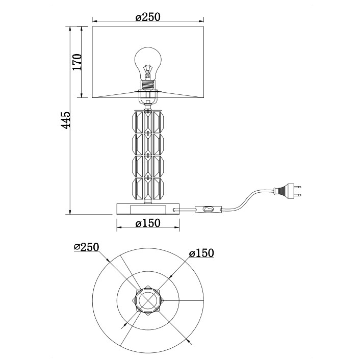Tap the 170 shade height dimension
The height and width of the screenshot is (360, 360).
coord(78,62)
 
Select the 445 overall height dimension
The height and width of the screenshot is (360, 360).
coord(66,120)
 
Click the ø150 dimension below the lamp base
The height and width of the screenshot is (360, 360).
coord(148,223)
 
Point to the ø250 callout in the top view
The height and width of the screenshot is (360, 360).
coord(86,247)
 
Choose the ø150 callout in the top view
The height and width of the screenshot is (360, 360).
coord(201,253)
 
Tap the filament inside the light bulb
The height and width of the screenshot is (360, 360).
coord(148,71)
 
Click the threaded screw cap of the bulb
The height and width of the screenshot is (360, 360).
coord(148,86)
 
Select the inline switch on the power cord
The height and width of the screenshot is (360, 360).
coord(208,210)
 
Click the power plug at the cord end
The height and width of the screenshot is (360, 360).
coord(287,190)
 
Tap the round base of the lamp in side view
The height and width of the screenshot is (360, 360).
coord(148,209)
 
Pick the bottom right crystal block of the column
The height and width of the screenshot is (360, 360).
coord(158,189)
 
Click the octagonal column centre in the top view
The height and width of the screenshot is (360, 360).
coord(148,300)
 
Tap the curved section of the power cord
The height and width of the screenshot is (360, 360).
coord(247,199)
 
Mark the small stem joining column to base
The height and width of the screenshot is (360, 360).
coord(148,201)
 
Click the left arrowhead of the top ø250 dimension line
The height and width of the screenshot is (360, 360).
coord(95,21)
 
